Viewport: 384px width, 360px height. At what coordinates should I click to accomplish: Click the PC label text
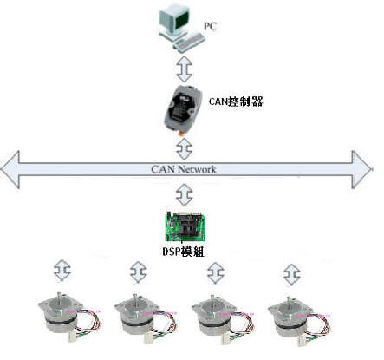[x=210, y=26]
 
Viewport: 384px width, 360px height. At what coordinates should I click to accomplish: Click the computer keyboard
[x=189, y=43]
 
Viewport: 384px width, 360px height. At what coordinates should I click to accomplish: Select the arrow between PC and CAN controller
[x=184, y=69]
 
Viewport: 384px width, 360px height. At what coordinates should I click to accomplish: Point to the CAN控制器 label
[x=236, y=101]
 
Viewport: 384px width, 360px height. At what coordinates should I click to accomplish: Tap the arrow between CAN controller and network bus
[x=184, y=149]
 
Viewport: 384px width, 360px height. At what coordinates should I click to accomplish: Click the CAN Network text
[x=184, y=169]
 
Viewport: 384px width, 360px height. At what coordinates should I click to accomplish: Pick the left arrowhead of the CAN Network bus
[x=10, y=170]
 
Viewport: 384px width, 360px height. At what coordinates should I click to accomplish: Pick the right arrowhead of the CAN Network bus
[x=361, y=170]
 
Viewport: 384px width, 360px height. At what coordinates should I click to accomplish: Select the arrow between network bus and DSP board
[x=184, y=194]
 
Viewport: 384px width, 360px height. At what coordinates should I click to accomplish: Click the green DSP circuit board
[x=185, y=226]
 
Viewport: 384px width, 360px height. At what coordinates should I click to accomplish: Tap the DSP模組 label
[x=184, y=252]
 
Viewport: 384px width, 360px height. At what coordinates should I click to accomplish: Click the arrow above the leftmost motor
[x=62, y=271]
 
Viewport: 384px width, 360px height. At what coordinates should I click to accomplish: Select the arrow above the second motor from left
[x=139, y=272]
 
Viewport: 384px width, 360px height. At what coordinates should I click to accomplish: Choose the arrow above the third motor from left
[x=216, y=272]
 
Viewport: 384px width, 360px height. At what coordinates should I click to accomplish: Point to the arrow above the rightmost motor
[x=292, y=274]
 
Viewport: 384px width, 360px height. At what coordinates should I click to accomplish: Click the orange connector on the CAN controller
[x=181, y=134]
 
